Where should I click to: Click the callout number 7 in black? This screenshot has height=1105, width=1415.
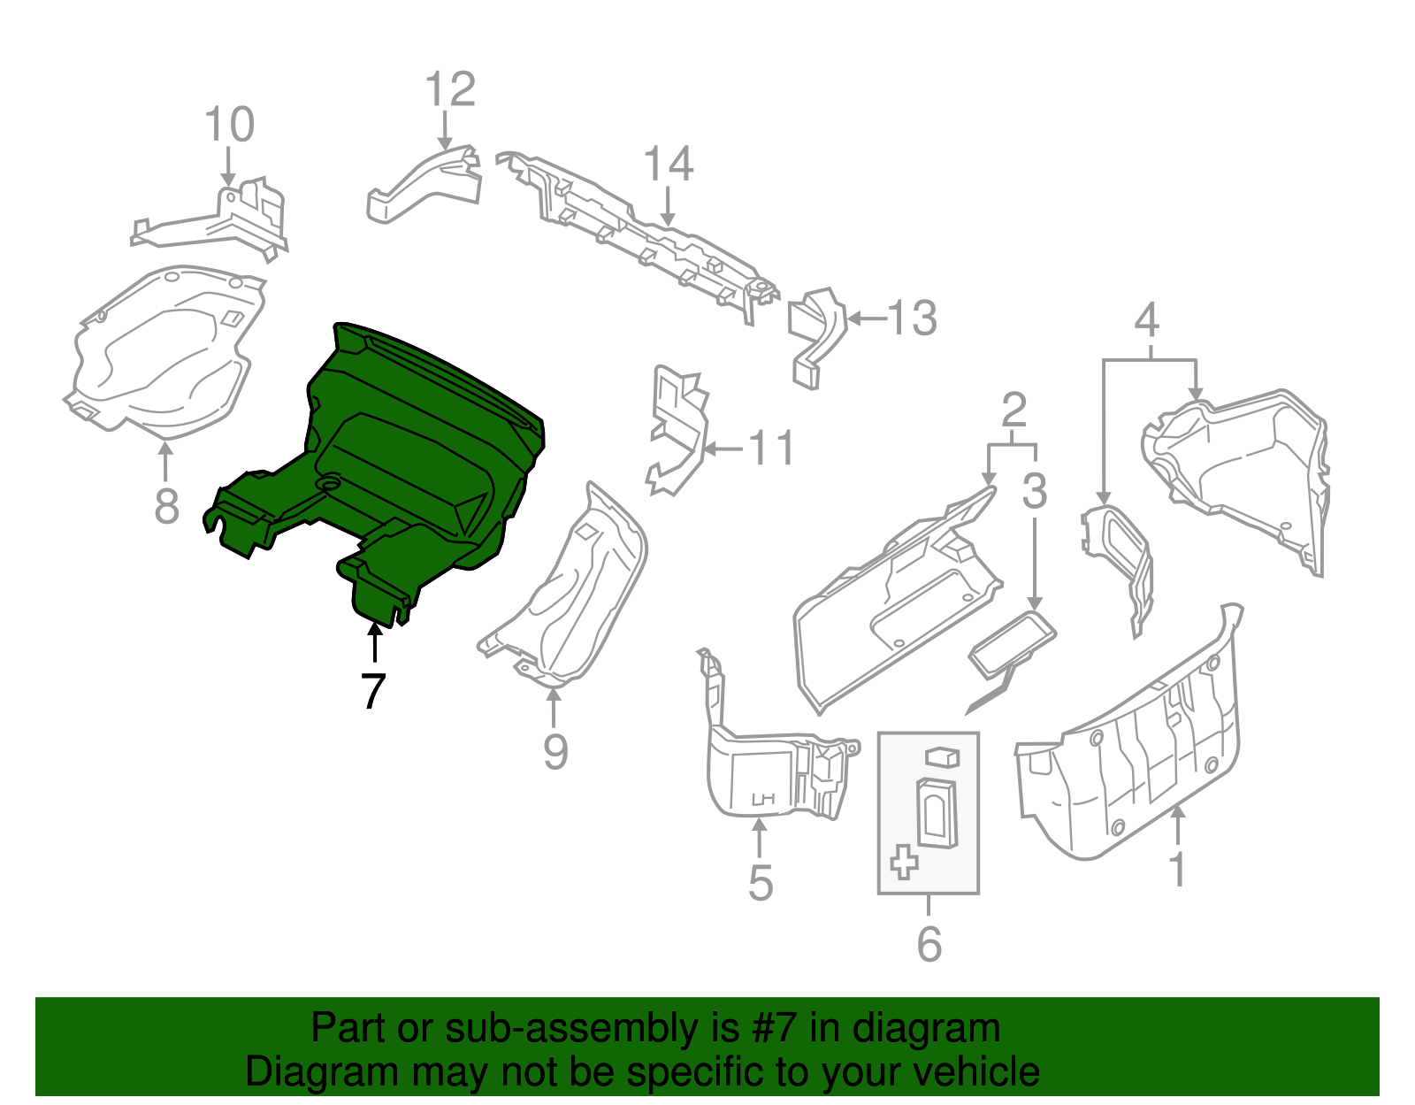[x=373, y=691]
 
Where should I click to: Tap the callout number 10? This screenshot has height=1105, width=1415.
[x=229, y=125]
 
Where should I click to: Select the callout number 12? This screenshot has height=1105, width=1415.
[x=450, y=89]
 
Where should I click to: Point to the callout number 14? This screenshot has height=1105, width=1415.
[x=668, y=165]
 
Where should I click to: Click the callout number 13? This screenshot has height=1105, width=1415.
[x=912, y=318]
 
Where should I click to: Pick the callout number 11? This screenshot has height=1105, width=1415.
[x=771, y=449]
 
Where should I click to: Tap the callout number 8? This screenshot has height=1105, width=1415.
[x=166, y=506]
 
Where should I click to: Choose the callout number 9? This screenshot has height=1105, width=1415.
[x=555, y=751]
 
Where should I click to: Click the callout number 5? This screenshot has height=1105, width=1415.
[x=761, y=883]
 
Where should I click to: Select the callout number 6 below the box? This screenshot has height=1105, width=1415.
[x=929, y=944]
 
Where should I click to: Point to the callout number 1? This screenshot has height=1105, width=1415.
[x=1177, y=870]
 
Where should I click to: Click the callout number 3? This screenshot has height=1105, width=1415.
[x=1034, y=490]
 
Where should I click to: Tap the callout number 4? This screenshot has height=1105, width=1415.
[x=1146, y=319]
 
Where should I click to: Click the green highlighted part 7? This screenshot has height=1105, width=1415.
[x=416, y=460]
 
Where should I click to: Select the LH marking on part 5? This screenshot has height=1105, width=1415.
[x=762, y=799]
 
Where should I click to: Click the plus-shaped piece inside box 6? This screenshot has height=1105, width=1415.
[x=904, y=861]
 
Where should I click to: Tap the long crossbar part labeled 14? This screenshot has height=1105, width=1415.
[x=637, y=234]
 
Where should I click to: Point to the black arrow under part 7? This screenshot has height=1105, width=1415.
[x=375, y=642]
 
